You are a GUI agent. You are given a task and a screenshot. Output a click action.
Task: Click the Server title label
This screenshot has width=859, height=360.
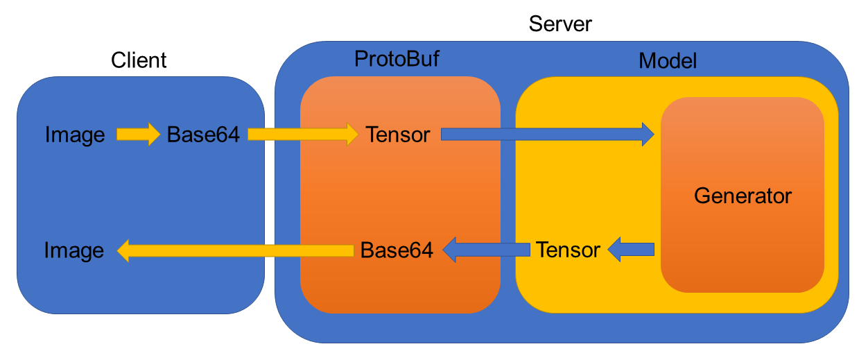(560, 24)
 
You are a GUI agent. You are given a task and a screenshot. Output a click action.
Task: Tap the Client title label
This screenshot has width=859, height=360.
(139, 60)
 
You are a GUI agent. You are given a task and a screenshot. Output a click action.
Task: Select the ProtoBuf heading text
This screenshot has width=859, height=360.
(397, 59)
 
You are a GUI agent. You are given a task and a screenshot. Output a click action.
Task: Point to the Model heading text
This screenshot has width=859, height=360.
(667, 60)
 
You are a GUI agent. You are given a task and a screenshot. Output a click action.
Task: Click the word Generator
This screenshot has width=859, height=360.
(742, 196)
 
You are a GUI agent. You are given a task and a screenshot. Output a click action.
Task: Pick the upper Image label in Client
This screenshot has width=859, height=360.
(74, 135)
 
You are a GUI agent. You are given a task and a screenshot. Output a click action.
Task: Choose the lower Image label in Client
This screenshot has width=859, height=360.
(74, 250)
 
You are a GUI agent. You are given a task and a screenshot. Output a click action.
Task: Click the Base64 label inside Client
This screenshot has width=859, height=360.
(203, 135)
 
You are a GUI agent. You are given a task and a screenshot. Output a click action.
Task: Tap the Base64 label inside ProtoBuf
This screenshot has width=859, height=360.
(397, 250)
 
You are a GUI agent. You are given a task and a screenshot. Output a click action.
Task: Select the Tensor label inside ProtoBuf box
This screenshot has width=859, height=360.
(398, 135)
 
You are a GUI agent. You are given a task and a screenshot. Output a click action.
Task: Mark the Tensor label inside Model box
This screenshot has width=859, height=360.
(568, 250)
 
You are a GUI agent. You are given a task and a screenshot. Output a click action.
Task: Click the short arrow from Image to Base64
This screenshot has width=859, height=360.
(137, 134)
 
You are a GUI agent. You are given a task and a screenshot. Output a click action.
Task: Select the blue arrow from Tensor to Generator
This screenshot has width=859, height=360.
(548, 134)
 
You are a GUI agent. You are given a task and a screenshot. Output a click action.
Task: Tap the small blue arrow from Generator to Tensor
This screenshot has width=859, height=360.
(631, 249)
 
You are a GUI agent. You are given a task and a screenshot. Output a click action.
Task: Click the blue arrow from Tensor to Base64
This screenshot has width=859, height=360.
(485, 249)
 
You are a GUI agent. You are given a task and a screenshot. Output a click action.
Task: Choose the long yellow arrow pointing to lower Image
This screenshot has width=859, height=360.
(236, 250)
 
